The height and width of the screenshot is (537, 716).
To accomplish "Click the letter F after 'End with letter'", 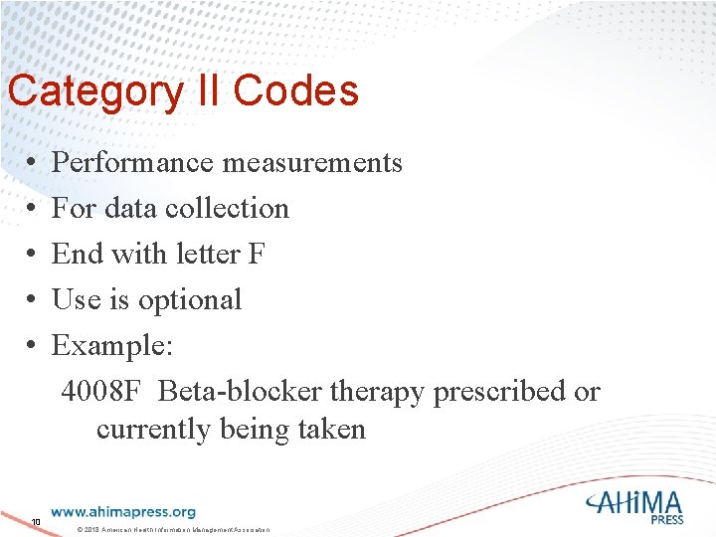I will pyautogui.click(x=257, y=254).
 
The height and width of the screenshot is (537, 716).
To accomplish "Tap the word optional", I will pyautogui.click(x=190, y=299).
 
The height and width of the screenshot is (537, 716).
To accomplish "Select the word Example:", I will pyautogui.click(x=112, y=345).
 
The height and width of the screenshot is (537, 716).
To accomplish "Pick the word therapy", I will pyautogui.click(x=378, y=392).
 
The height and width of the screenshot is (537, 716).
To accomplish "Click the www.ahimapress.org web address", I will pyautogui.click(x=122, y=512).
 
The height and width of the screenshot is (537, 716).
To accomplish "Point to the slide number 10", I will pyautogui.click(x=35, y=522).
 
